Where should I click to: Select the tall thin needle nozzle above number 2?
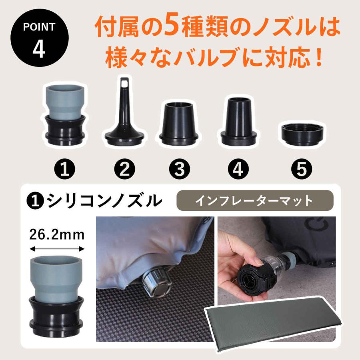(124, 112)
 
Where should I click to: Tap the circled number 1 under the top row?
(64, 170)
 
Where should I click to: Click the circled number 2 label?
(124, 170)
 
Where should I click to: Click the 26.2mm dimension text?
(57, 234)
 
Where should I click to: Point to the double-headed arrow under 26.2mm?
(57, 249)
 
